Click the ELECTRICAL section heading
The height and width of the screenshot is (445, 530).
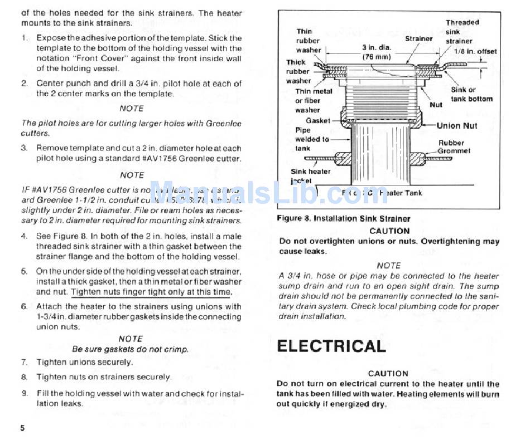[331, 346]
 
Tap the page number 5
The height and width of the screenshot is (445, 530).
[23, 428]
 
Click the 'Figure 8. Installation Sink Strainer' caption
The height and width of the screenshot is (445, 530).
[343, 218]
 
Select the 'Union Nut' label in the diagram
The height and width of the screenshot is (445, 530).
[456, 126]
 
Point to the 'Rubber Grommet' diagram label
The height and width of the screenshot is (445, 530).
[454, 147]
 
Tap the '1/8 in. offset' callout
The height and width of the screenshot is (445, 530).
[475, 51]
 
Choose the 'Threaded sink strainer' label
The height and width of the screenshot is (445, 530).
[462, 32]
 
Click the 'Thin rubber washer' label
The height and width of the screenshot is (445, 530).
[308, 41]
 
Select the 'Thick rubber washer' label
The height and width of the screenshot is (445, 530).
[298, 71]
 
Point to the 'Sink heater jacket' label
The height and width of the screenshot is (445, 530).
[310, 176]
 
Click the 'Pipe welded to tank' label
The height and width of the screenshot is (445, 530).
[312, 139]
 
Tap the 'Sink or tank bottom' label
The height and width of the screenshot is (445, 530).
[471, 94]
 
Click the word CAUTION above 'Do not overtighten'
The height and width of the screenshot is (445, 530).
[389, 231]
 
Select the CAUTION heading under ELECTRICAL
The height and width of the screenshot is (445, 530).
[388, 373]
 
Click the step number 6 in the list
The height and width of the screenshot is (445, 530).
[25, 306]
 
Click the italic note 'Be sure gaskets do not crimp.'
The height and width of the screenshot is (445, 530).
[131, 349]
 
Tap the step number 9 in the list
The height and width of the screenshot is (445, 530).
[25, 393]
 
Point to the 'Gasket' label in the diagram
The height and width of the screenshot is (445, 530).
[317, 120]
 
